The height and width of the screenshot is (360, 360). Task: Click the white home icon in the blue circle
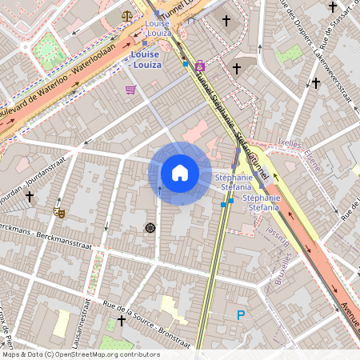[180, 173]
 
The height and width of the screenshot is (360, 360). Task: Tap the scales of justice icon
[126, 14]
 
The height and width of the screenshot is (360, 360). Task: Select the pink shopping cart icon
[130, 90]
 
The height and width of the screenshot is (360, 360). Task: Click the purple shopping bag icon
[199, 66]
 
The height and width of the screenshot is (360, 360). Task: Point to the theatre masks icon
[58, 212]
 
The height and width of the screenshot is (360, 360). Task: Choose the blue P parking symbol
[240, 315]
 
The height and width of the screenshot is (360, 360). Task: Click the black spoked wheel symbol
[150, 228]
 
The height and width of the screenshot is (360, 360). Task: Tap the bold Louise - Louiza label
[145, 59]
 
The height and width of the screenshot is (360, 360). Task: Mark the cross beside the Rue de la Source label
[121, 321]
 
